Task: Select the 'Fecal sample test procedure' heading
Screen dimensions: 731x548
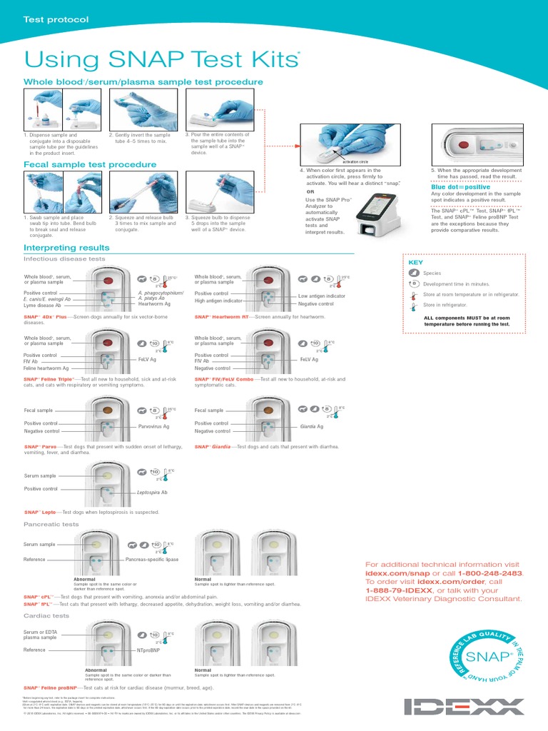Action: point(90,164)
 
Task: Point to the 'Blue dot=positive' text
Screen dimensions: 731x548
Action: point(461,187)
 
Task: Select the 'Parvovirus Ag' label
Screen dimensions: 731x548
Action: point(153,426)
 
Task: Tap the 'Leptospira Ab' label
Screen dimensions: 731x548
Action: point(152,493)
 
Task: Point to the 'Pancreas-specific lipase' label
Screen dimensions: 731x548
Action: point(152,560)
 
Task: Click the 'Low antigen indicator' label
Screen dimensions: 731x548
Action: point(322,296)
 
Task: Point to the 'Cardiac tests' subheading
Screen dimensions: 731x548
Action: point(46,615)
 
